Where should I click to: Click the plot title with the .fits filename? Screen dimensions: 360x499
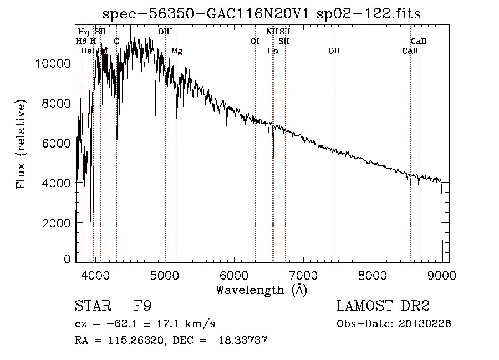[266, 13]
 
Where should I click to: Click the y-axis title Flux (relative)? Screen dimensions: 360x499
[22, 145]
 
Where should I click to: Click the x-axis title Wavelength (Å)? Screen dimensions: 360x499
[261, 290]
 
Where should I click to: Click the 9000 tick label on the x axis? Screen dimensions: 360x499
[442, 274]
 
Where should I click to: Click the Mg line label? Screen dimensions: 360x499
[176, 51]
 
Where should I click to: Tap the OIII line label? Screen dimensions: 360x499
[165, 32]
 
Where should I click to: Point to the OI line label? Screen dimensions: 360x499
[255, 42]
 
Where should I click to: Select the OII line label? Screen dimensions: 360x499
[333, 51]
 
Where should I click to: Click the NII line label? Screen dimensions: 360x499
[272, 32]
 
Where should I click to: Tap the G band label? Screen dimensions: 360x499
[116, 42]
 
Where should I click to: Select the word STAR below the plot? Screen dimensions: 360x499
[93, 306]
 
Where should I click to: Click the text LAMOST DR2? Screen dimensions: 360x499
[383, 306]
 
